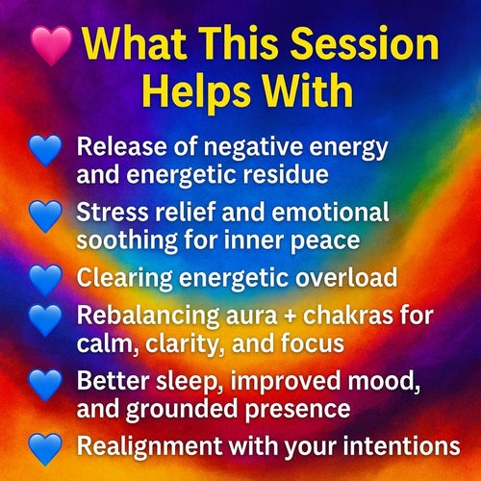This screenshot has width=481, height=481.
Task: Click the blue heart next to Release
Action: tap(45, 151)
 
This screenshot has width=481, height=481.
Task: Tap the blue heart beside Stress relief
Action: tap(45, 216)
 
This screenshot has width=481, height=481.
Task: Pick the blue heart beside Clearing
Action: tap(45, 279)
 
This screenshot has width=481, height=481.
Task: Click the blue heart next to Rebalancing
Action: tap(45, 319)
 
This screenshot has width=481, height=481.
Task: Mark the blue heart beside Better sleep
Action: tap(45, 385)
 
